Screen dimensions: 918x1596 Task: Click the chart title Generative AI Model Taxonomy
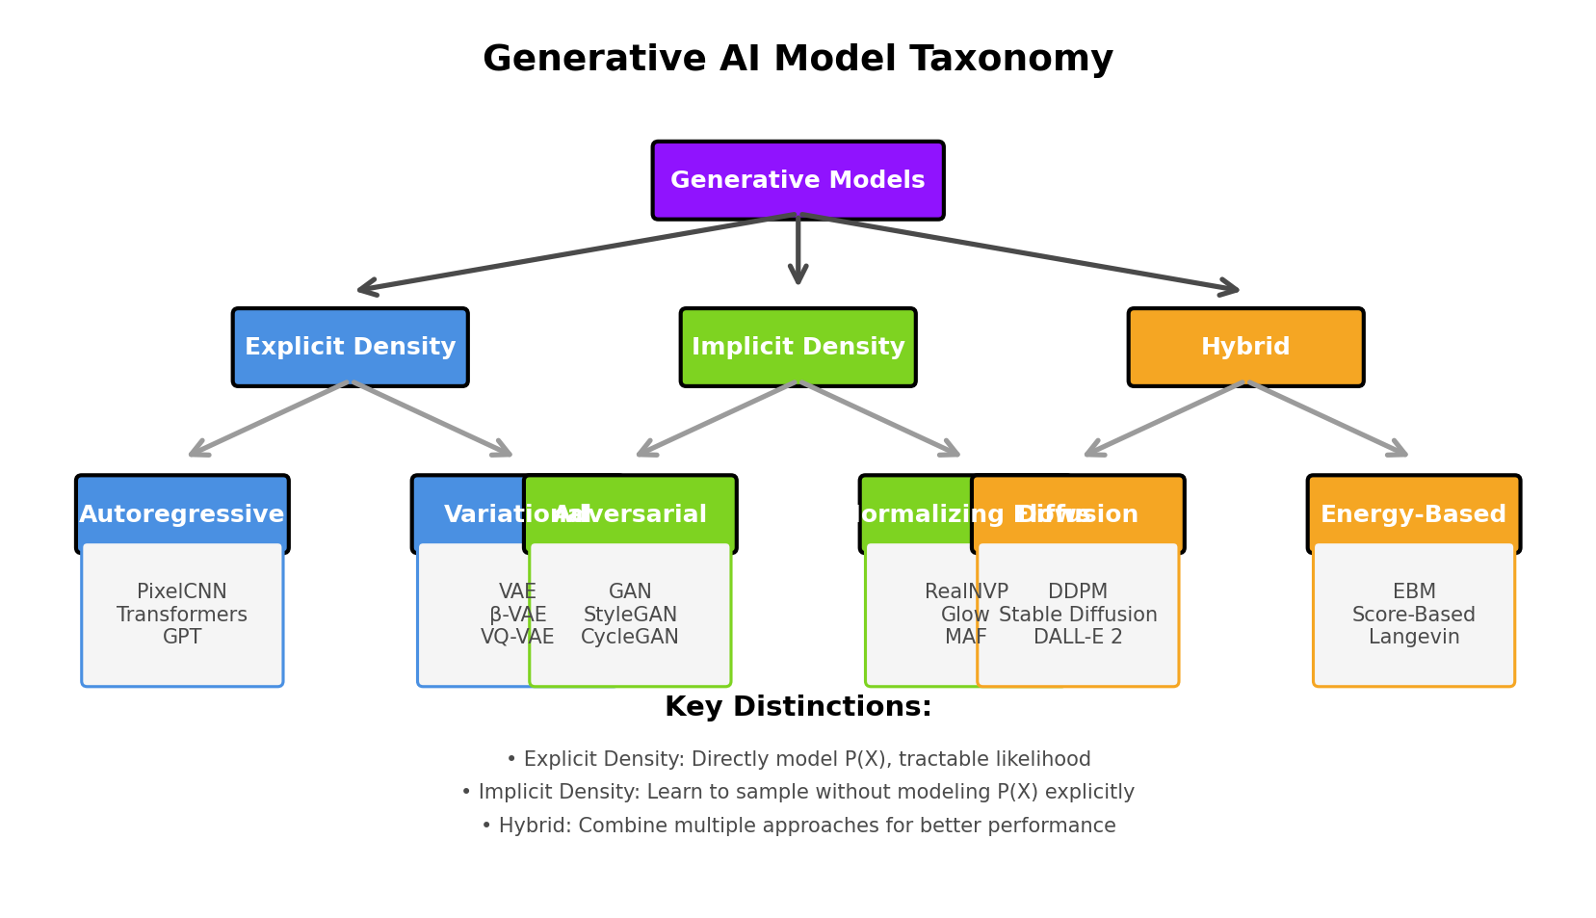[x=798, y=60]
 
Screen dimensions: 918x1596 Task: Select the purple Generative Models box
[x=798, y=180]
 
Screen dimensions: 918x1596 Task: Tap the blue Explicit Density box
[x=350, y=347]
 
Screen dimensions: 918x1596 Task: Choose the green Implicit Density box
[x=798, y=347]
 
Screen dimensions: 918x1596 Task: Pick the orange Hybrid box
[x=1245, y=347]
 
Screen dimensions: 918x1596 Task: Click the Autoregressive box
[x=182, y=514]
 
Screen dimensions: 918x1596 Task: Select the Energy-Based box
[x=1413, y=514]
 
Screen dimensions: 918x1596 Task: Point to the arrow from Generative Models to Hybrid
[x=1021, y=252]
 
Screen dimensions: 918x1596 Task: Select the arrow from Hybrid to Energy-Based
[x=1329, y=419]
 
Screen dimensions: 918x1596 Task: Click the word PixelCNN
[x=182, y=591]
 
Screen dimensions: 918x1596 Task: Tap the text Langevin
[x=1413, y=637]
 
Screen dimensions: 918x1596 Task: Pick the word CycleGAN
[x=630, y=637]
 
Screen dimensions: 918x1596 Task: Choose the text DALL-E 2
[x=1078, y=637]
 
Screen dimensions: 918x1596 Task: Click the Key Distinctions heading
[x=798, y=707]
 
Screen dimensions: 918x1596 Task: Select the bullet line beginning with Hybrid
[x=798, y=826]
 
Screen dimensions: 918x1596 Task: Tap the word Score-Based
[x=1413, y=615]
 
